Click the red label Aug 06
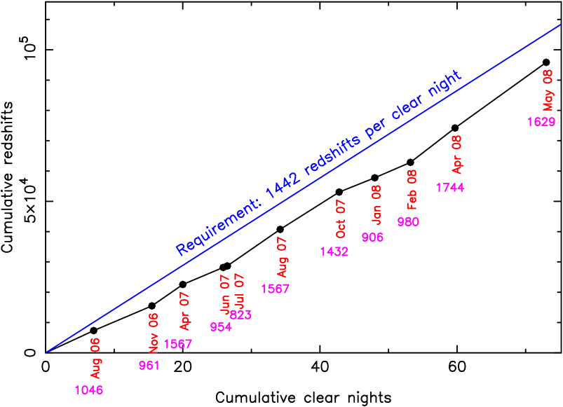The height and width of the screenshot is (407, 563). (95, 358)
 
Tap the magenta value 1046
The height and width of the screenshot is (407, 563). (89, 390)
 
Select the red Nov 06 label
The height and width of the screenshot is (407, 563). (154, 333)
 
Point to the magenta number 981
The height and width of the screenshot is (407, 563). (149, 365)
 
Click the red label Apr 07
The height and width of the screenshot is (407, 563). (184, 311)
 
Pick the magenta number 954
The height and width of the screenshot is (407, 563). (221, 327)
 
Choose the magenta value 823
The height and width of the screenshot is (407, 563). (241, 315)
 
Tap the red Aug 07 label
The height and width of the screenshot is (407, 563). (282, 257)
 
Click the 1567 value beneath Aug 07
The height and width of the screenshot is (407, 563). (275, 289)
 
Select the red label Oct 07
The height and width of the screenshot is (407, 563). (341, 219)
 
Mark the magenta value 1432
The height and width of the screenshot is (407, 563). (334, 251)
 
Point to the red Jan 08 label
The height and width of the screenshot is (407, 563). (377, 204)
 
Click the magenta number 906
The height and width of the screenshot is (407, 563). (372, 237)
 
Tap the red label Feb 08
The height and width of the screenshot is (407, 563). (412, 189)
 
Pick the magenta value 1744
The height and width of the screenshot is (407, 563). (450, 188)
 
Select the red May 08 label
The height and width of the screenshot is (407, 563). (548, 90)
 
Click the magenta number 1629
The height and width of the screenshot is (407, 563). (541, 122)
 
